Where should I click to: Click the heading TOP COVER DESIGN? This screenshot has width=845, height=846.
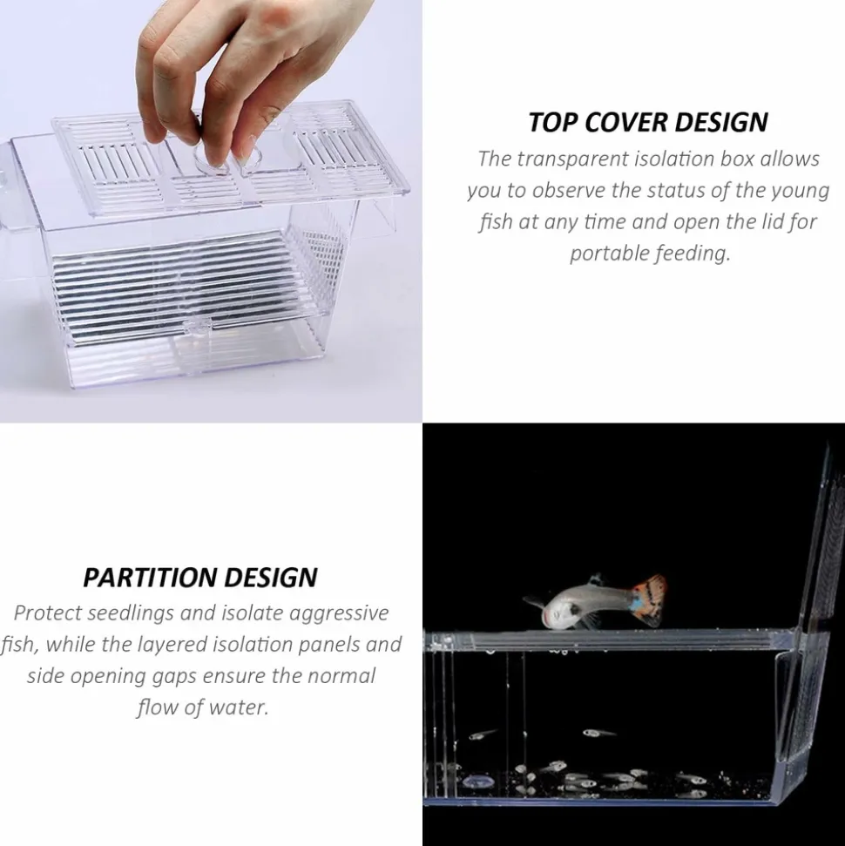point(648,122)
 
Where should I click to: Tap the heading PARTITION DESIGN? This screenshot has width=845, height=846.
point(200,577)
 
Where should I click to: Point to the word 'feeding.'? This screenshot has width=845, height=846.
point(695,254)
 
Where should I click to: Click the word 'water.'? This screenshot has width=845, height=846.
point(239,707)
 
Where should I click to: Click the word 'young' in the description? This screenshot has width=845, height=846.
point(800,191)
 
